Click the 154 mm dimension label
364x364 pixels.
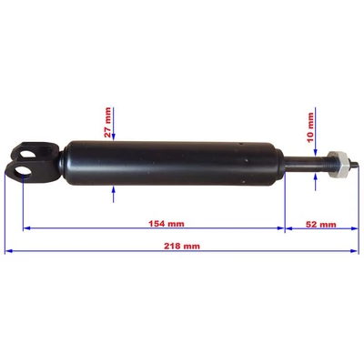pyautogui.click(x=167, y=224)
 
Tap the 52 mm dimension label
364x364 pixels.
pyautogui.click(x=321, y=224)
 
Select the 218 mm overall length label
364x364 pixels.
pyautogui.click(x=182, y=246)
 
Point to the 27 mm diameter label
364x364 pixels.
pyautogui.click(x=107, y=123)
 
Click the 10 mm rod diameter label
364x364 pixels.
pyautogui.click(x=310, y=127)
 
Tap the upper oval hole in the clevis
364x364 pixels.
pyautogui.click(x=28, y=155)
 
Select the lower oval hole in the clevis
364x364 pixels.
pyautogui.click(x=24, y=171)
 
